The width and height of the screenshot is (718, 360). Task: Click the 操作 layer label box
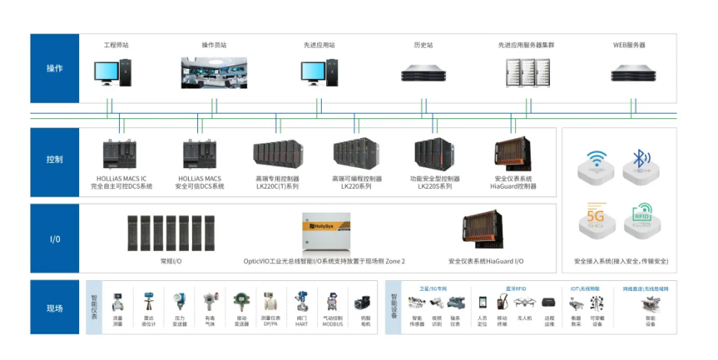point(54,68)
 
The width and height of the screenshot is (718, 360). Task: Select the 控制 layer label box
point(54,160)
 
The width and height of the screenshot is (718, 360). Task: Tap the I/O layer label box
point(54,239)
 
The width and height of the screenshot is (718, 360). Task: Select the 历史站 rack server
point(423,74)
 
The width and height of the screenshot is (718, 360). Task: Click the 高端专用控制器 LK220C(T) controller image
point(277,156)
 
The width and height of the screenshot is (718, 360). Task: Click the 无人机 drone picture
point(525,303)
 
